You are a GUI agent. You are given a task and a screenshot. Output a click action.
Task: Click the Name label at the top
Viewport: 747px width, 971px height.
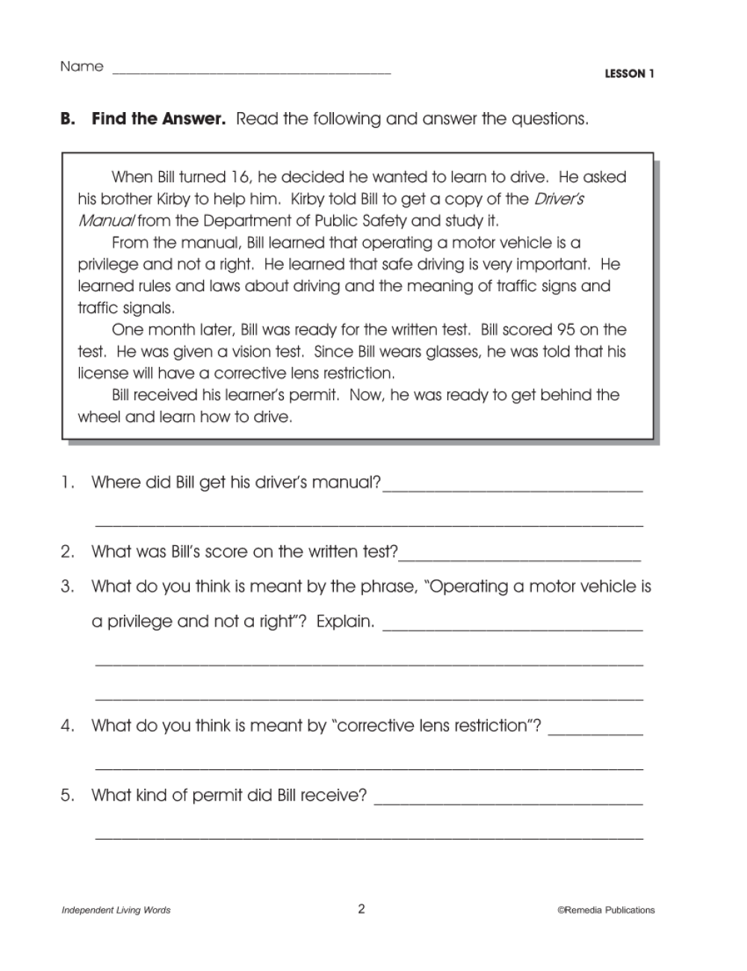coord(81,66)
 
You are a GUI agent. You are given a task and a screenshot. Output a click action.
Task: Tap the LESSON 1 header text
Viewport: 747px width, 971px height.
coord(629,73)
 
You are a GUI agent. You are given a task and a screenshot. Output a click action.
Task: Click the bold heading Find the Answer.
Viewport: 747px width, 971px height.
coord(158,119)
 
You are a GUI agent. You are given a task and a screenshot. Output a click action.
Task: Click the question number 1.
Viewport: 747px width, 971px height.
coord(68,483)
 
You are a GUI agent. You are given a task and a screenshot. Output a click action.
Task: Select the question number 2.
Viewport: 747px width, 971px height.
coord(68,552)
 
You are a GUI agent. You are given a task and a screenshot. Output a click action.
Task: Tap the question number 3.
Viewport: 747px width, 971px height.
coord(68,586)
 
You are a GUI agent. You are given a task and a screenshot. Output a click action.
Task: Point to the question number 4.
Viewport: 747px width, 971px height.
coord(68,725)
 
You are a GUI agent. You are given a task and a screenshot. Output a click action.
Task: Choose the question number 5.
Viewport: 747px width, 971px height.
coord(68,795)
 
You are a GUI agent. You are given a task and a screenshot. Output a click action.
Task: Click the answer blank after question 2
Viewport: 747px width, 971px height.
coord(520,559)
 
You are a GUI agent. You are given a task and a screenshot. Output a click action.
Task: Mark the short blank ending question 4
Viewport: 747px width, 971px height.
coord(595,733)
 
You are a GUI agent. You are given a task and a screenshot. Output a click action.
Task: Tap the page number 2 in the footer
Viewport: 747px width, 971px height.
coord(362,909)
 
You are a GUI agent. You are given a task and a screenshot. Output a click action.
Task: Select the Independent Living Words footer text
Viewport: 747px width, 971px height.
coord(116,910)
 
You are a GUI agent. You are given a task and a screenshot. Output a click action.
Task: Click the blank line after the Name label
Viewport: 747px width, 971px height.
coord(251,72)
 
